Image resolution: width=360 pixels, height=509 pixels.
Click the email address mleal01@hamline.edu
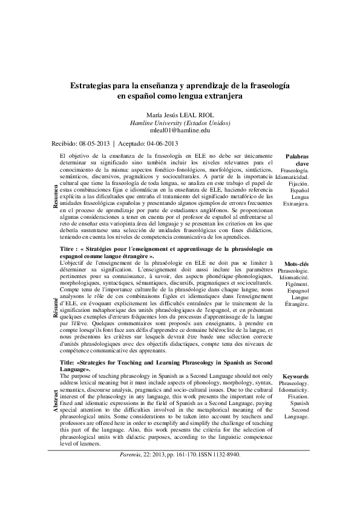[x=180, y=130]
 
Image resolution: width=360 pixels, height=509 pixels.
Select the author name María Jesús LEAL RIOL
[x=180, y=114]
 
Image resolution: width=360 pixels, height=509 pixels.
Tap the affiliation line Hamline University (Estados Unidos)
[x=180, y=122]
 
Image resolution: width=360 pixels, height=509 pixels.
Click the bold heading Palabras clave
[x=296, y=160]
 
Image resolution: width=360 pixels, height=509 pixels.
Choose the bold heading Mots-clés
[x=296, y=264]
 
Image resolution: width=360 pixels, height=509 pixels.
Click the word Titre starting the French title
[x=68, y=248]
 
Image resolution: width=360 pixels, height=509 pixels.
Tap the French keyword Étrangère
[x=296, y=303]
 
